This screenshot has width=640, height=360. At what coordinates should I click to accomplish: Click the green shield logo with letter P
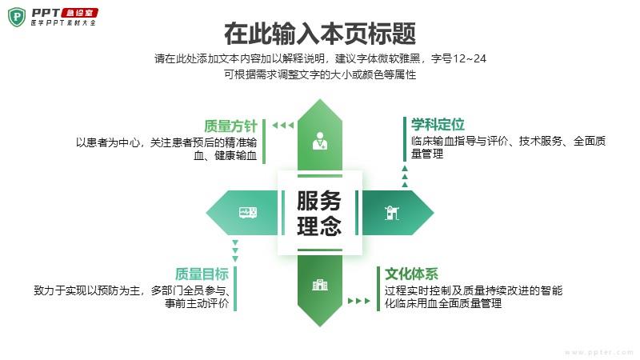pos(17,17)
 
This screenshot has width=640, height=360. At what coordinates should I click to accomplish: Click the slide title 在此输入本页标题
pos(320,34)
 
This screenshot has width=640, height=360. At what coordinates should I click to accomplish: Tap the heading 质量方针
pos(230,126)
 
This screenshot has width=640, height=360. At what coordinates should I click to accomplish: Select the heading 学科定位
pos(438,124)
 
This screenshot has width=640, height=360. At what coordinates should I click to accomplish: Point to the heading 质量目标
pos(202,274)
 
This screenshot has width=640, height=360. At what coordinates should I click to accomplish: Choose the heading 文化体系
pos(411,274)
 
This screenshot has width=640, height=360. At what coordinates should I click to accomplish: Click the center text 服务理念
pos(319,213)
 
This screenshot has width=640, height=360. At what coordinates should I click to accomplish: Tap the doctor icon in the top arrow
pos(319,141)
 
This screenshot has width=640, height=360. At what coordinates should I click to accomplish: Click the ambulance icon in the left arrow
pos(248,212)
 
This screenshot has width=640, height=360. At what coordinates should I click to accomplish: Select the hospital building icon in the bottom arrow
pos(320,285)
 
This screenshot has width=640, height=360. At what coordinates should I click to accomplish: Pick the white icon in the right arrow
pos(392,212)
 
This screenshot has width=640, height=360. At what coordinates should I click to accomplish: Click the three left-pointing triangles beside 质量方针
pos(283,126)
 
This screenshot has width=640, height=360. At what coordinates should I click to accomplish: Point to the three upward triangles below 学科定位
pos(405,176)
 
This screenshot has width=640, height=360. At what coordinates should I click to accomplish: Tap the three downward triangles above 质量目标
pos(235,250)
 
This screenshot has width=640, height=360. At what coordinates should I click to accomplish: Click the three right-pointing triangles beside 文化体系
pos(358,301)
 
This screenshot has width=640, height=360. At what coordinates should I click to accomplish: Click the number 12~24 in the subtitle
pos(470,58)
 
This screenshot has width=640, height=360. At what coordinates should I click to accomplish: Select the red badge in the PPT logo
pos(79,13)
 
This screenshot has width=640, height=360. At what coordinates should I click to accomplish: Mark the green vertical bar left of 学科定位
pos(405,138)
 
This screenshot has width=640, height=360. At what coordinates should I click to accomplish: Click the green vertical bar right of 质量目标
pos(235,289)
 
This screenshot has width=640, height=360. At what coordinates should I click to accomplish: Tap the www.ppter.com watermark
pos(599,352)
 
